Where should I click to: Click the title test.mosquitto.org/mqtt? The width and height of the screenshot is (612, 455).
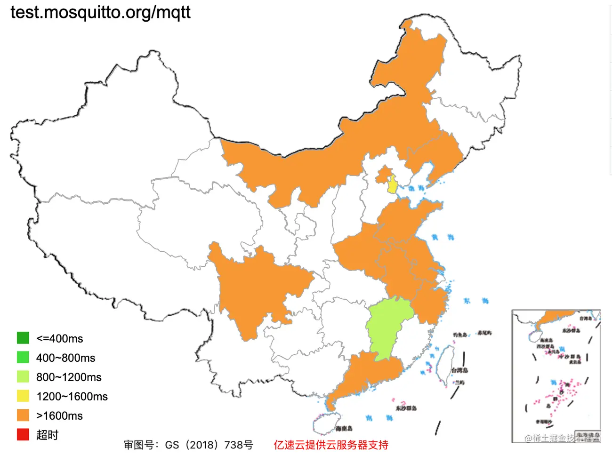pyautogui.click(x=100, y=12)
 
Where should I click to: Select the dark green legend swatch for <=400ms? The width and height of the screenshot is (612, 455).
pyautogui.click(x=23, y=338)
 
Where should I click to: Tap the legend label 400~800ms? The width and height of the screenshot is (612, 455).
pyautogui.click(x=65, y=358)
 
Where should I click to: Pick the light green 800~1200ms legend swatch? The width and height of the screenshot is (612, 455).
pyautogui.click(x=23, y=377)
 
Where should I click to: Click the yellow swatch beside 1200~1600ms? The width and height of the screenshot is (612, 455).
pyautogui.click(x=23, y=396)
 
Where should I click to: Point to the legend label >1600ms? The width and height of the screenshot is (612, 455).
pyautogui.click(x=59, y=416)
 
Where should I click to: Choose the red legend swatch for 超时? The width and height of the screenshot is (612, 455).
pyautogui.click(x=23, y=435)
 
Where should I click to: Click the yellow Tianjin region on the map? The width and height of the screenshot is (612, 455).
pyautogui.click(x=392, y=184)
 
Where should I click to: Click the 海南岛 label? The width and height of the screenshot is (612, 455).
pyautogui.click(x=344, y=428)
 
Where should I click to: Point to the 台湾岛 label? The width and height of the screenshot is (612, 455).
pyautogui.click(x=459, y=370)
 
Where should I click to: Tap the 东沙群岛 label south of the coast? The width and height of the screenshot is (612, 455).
pyautogui.click(x=406, y=408)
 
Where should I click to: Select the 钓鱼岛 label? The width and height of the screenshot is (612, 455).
pyautogui.click(x=460, y=335)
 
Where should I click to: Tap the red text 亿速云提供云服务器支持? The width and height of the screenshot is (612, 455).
pyautogui.click(x=331, y=445)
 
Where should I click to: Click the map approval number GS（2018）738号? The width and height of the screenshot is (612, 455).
pyautogui.click(x=188, y=445)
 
